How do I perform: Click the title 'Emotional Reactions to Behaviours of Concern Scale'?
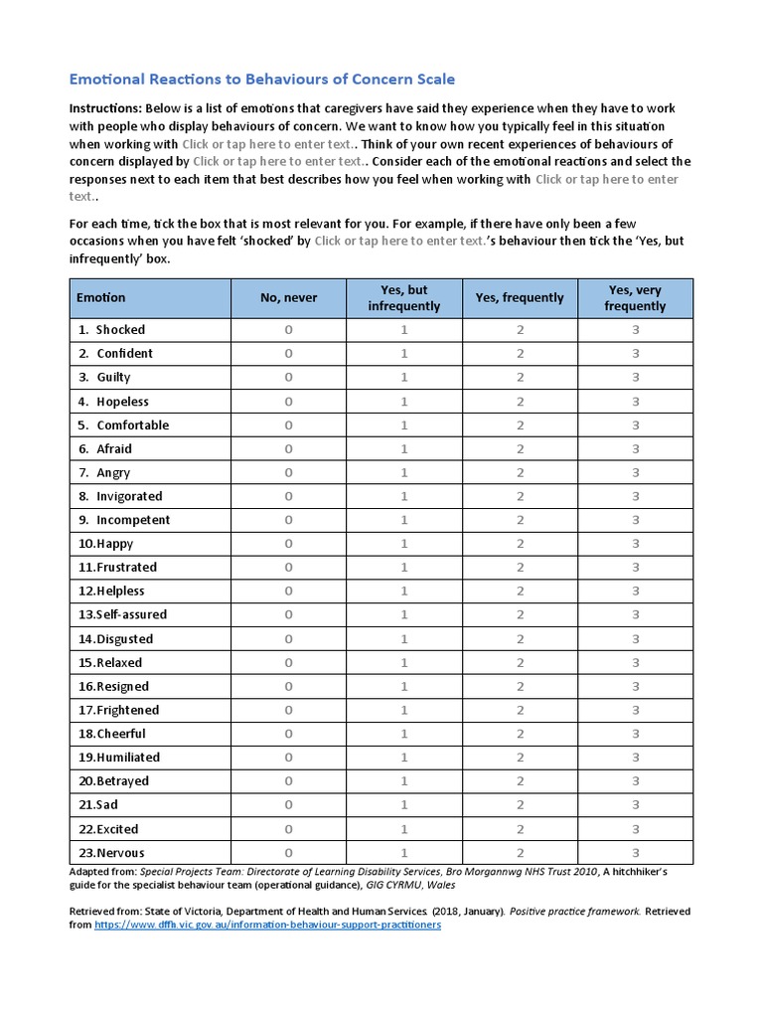point(262,79)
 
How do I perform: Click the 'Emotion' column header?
point(101,297)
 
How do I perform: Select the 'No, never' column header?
point(289,297)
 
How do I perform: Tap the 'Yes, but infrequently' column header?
point(403,297)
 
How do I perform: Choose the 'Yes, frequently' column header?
point(520,297)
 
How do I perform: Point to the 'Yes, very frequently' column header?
point(635,297)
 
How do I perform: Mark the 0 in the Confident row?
point(289,353)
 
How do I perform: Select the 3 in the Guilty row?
point(635,377)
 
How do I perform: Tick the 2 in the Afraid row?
point(520,448)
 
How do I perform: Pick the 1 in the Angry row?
point(403,472)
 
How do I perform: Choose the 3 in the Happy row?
point(635,544)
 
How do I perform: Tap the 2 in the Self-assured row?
point(520,614)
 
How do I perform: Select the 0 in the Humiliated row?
point(289,758)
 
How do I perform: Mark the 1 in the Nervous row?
point(403,852)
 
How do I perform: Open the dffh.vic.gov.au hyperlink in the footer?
point(267,925)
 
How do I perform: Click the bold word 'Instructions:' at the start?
point(104,107)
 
